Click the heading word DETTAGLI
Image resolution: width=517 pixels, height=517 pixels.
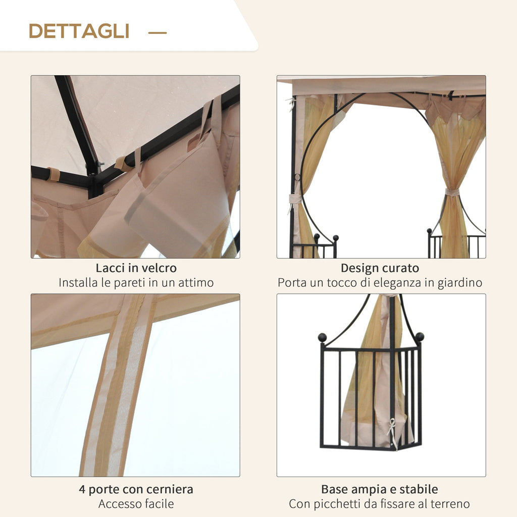pos(79,31)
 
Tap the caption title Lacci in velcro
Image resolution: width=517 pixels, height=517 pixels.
pos(136,268)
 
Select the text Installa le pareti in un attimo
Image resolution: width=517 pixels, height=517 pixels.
pos(136,283)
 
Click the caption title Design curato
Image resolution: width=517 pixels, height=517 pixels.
pos(380,268)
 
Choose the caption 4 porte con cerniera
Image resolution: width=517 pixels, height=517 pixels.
pos(136,489)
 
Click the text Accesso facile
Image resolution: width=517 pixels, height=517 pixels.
pos(136,504)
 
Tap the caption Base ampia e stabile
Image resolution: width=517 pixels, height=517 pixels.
pos(380,489)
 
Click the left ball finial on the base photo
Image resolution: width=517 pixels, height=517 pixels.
pos(322,337)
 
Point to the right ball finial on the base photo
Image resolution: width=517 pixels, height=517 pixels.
pos(419,337)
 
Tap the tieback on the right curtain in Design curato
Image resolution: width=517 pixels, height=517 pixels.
pos(452,192)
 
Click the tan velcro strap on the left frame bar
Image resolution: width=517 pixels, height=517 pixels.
pos(53,174)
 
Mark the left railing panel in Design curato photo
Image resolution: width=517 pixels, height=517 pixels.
pos(316,247)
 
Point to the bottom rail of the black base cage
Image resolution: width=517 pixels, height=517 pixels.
pos(371,446)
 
